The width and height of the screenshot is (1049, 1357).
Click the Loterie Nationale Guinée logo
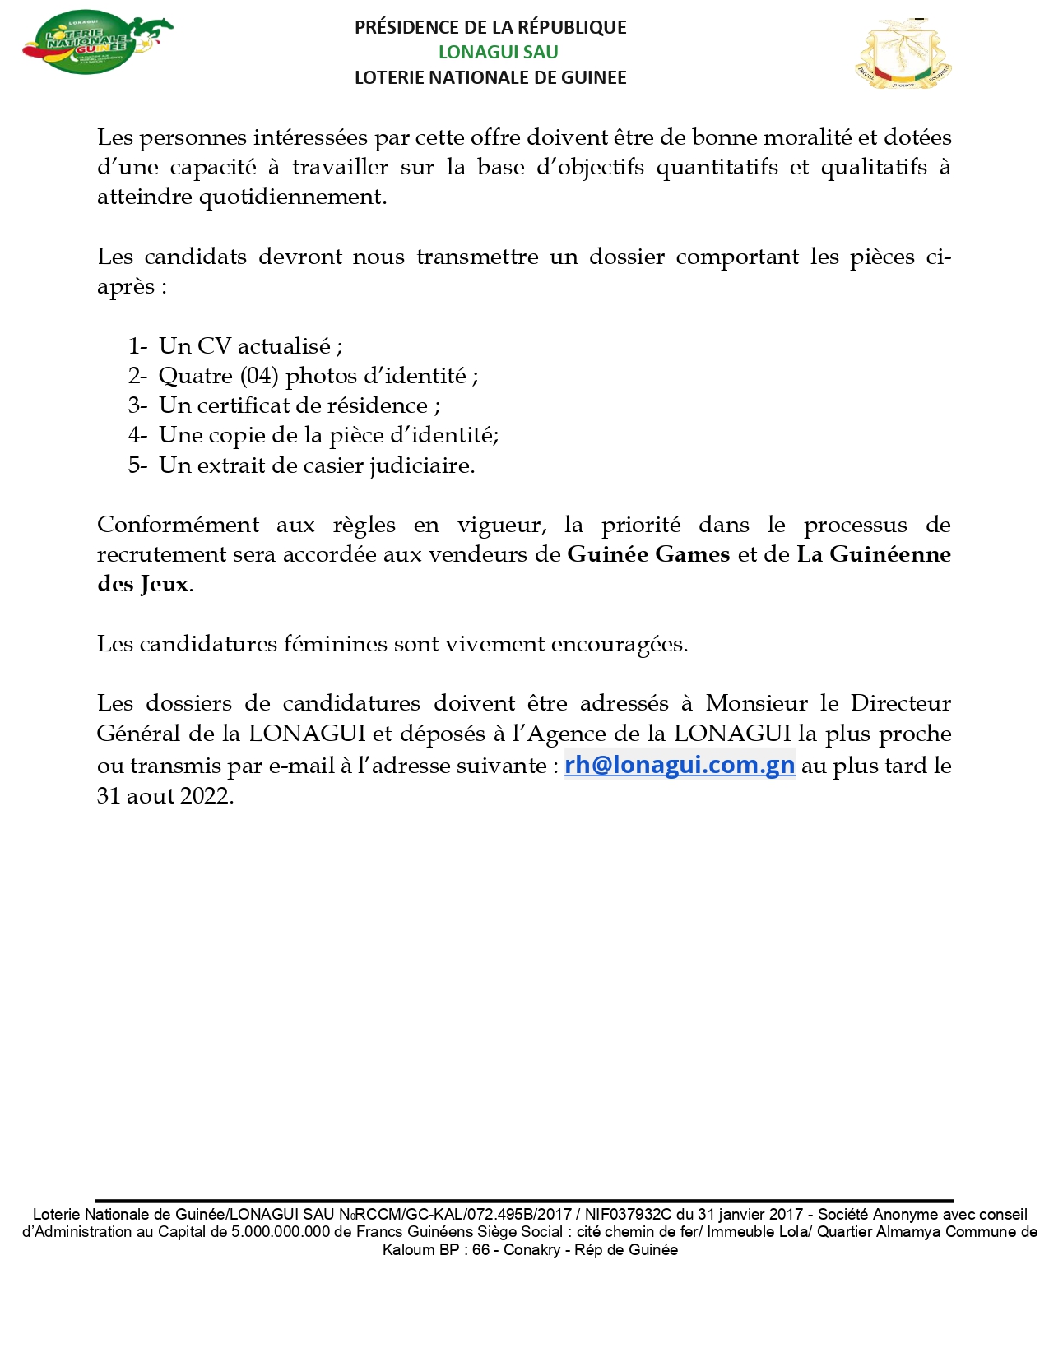click(97, 43)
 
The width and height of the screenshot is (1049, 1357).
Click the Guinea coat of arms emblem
click(903, 54)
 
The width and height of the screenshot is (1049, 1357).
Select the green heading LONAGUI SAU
click(498, 52)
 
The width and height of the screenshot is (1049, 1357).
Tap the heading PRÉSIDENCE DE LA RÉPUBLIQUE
click(490, 27)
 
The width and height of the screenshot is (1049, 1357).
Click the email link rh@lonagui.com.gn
click(679, 765)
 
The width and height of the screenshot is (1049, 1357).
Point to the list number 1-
click(137, 346)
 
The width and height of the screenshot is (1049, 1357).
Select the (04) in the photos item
click(259, 376)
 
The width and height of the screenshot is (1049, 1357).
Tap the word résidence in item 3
click(374, 405)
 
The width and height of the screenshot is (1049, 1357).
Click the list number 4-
click(137, 435)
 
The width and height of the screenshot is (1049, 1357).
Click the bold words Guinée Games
click(648, 554)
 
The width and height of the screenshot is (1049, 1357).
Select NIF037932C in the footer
click(628, 1214)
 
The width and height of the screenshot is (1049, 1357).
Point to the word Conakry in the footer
click(531, 1250)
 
